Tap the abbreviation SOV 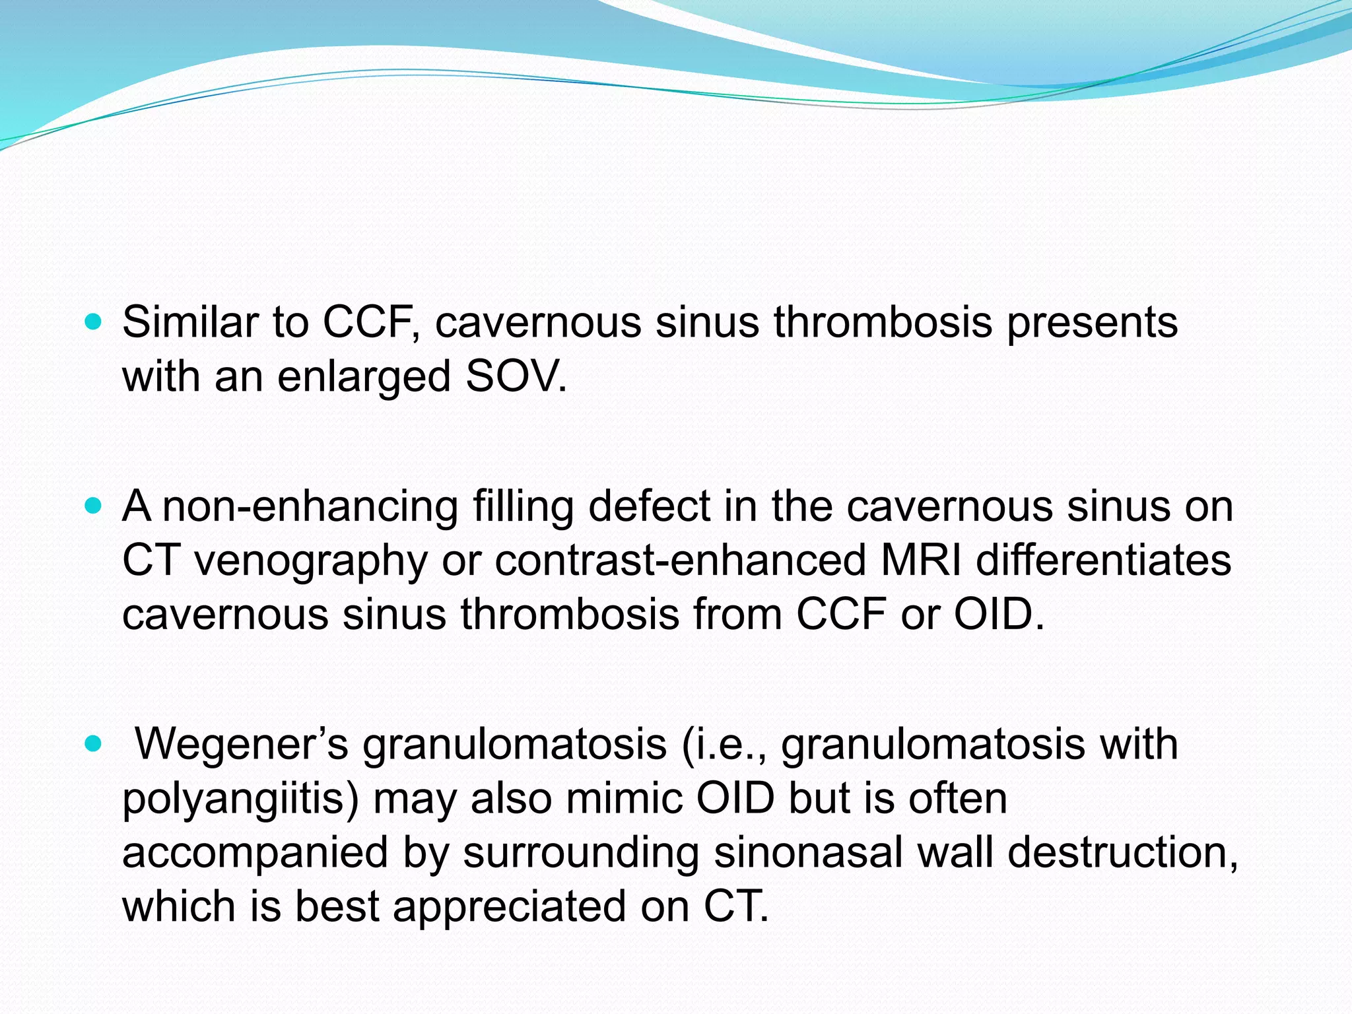click(516, 376)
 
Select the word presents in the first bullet click(1092, 323)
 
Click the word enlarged click(364, 378)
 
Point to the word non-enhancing click(310, 507)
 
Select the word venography click(310, 561)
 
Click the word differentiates click(1103, 560)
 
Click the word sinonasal click(808, 853)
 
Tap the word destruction click(1122, 853)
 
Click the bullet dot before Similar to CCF click(94, 322)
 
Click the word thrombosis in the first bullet click(883, 322)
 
